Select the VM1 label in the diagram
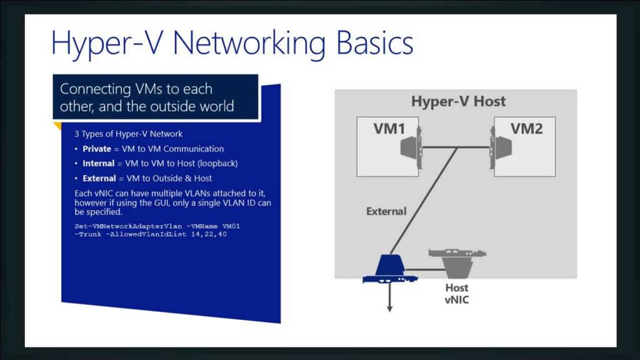pyautogui.click(x=389, y=129)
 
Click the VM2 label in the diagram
pyautogui.click(x=526, y=129)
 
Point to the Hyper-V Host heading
pyautogui.click(x=458, y=101)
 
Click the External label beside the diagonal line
pyautogui.click(x=386, y=211)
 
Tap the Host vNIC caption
pyautogui.click(x=456, y=294)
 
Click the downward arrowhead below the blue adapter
pyautogui.click(x=389, y=307)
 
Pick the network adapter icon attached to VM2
pyautogui.click(x=501, y=148)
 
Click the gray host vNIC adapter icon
pyautogui.click(x=451, y=262)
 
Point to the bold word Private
pyautogui.click(x=96, y=149)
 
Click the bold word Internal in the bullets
pyautogui.click(x=98, y=163)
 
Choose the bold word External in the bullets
pyautogui.click(x=99, y=178)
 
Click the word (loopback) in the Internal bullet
pyautogui.click(x=216, y=163)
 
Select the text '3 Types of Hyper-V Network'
pyautogui.click(x=128, y=134)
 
